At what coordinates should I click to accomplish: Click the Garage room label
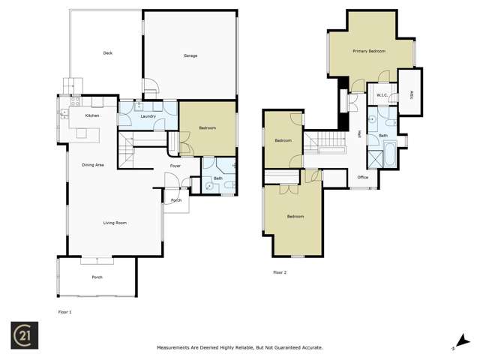(x=190, y=55)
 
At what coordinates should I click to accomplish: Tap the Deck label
(x=107, y=52)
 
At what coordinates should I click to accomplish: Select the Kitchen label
(x=91, y=115)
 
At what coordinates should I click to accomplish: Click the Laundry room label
(x=148, y=115)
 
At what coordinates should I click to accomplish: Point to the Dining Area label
(x=93, y=164)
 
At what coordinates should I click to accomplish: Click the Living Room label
(x=115, y=222)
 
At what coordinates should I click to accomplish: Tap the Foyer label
(x=175, y=166)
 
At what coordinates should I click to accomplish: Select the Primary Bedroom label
(x=369, y=51)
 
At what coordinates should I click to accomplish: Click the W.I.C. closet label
(x=381, y=95)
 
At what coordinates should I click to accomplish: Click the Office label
(x=363, y=177)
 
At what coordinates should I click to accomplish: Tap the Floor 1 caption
(x=65, y=310)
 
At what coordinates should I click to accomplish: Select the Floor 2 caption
(x=280, y=272)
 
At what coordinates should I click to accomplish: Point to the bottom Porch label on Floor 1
(x=97, y=277)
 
